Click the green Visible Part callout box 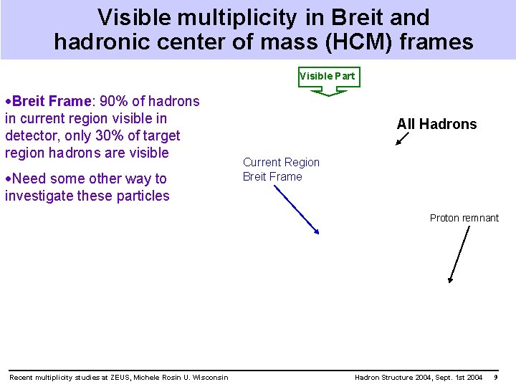pyautogui.click(x=328, y=77)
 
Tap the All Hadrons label pyautogui.click(x=436, y=124)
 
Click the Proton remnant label pyautogui.click(x=464, y=218)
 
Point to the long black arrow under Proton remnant pyautogui.click(x=458, y=255)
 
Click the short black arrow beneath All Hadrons pyautogui.click(x=402, y=138)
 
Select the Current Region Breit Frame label pyautogui.click(x=281, y=169)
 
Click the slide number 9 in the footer pyautogui.click(x=496, y=378)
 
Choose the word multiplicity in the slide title pyautogui.click(x=243, y=17)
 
